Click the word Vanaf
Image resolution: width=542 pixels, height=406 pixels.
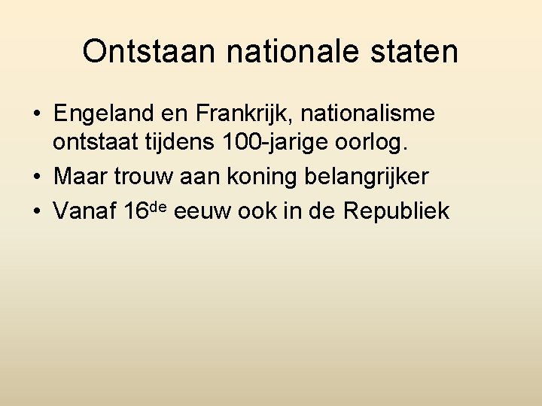(x=84, y=211)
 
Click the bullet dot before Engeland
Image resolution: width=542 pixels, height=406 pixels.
(x=36, y=115)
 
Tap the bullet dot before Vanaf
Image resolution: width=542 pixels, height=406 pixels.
(x=36, y=212)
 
